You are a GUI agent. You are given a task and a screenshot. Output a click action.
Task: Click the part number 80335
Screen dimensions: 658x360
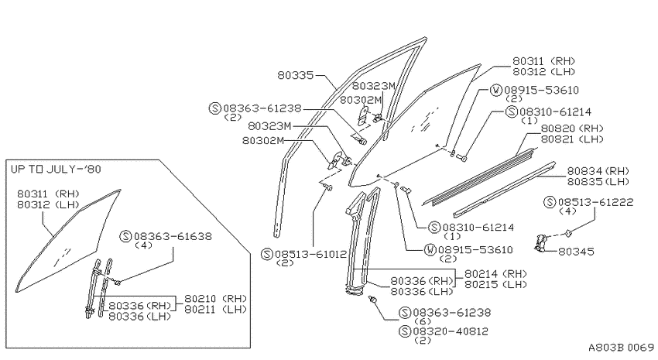tap(296, 76)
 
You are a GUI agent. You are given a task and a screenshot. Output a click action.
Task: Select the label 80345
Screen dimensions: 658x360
tap(576, 252)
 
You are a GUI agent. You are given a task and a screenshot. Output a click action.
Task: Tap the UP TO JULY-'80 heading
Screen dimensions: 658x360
tap(56, 169)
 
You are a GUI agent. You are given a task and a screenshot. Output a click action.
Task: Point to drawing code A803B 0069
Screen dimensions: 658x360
tap(621, 348)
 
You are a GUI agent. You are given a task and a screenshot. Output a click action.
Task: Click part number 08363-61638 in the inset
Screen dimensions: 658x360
tap(173, 236)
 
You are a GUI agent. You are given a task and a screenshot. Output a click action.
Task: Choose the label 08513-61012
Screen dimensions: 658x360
tap(311, 254)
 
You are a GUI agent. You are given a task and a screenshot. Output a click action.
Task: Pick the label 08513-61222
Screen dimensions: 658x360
tap(595, 202)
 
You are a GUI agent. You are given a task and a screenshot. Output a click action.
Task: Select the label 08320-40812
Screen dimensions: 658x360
tap(451, 331)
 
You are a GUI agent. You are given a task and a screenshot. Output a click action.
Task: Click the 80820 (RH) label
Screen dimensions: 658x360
tap(572, 129)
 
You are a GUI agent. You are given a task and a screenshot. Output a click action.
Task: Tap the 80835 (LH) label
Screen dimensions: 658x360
tap(598, 182)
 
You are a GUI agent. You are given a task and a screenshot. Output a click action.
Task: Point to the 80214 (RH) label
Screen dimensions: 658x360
tap(495, 273)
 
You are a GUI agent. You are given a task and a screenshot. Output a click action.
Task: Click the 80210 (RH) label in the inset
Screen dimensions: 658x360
tap(216, 299)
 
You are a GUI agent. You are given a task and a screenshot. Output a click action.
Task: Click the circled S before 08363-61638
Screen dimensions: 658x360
tap(125, 236)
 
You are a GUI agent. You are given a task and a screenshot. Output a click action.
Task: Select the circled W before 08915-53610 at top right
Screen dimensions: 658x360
tap(496, 91)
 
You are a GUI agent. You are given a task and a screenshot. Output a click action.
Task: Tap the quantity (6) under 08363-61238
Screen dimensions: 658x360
tap(422, 321)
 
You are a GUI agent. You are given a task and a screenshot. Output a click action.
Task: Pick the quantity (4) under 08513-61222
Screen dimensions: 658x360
tap(567, 211)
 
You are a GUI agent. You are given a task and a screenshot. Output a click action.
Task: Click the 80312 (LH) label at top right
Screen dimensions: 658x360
tap(543, 72)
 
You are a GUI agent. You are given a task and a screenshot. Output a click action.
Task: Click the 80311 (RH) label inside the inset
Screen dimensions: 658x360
tap(48, 194)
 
